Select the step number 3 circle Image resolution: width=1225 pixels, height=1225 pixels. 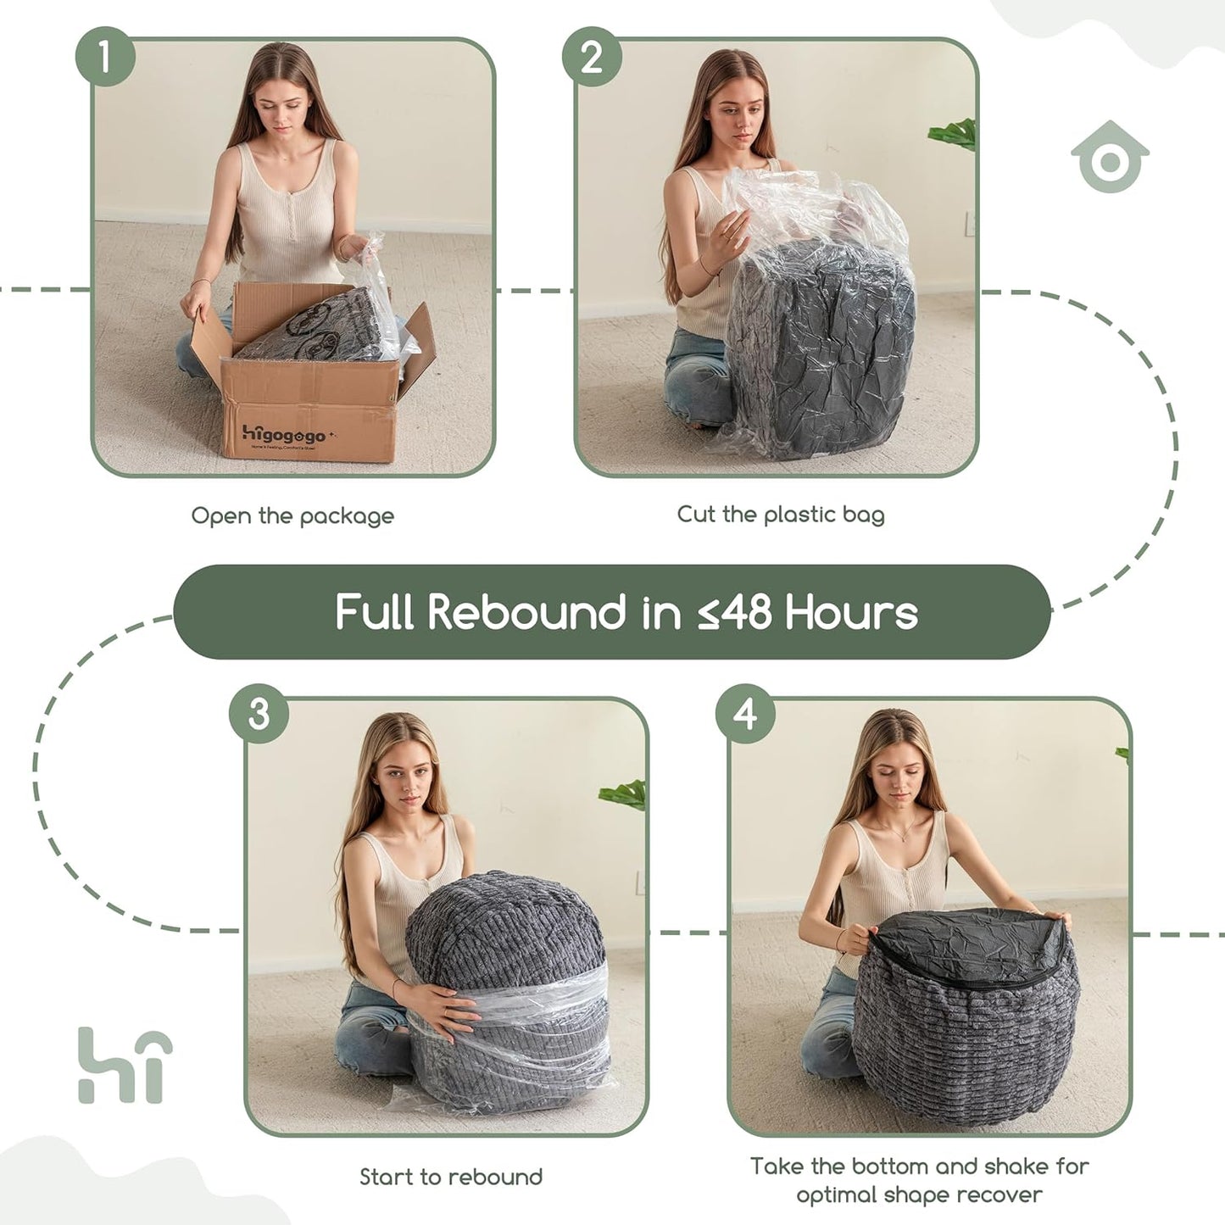point(259,715)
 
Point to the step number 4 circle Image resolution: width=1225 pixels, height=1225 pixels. point(745,715)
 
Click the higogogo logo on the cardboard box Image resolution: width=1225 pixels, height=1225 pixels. point(283,435)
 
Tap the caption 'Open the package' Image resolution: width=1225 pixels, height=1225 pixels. point(292,515)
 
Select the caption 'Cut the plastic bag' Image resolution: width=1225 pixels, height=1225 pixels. point(780,514)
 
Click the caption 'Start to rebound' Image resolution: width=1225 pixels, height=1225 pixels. point(450,1177)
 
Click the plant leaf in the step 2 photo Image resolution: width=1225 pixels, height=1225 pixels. point(954,134)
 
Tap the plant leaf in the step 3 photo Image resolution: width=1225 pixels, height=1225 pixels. point(624,794)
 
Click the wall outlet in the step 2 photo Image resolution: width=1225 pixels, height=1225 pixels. point(970,224)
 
